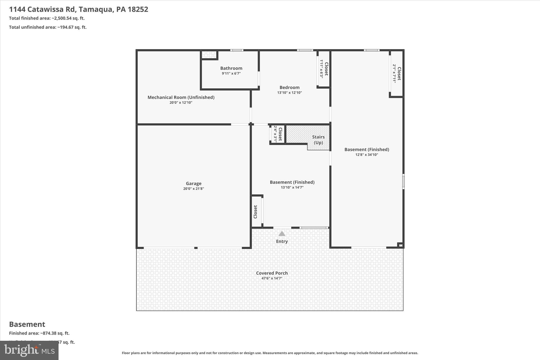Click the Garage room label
[194, 183]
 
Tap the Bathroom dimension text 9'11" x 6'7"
[231, 74]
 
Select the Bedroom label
[289, 87]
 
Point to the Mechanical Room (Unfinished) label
[181, 97]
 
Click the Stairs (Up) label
[318, 140]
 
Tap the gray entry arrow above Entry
[282, 234]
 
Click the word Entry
[282, 241]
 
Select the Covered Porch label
[272, 273]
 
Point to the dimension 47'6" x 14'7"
[272, 278]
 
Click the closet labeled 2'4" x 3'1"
[278, 134]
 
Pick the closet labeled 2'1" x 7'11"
[397, 74]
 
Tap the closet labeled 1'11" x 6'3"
[324, 69]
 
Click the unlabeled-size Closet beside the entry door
[255, 212]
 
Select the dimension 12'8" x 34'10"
[367, 155]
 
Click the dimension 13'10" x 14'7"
[292, 188]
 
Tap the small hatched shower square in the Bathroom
[209, 55]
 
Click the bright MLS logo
[29, 350]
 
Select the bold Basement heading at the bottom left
[27, 324]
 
